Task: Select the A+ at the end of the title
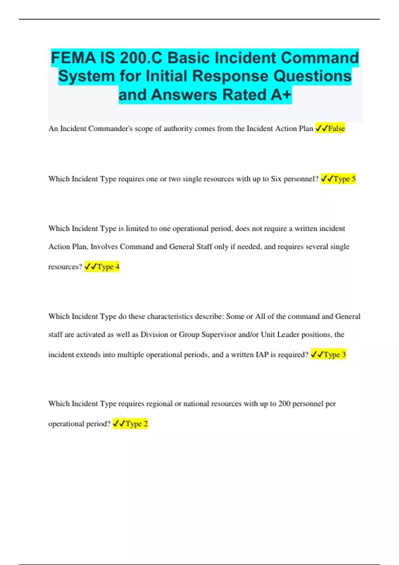tap(281, 95)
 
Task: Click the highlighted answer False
tap(336, 129)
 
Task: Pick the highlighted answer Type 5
tap(344, 179)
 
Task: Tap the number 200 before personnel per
tap(284, 404)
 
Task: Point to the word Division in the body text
tap(154, 335)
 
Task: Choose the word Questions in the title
tap(312, 76)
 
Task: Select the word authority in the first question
tap(178, 129)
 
